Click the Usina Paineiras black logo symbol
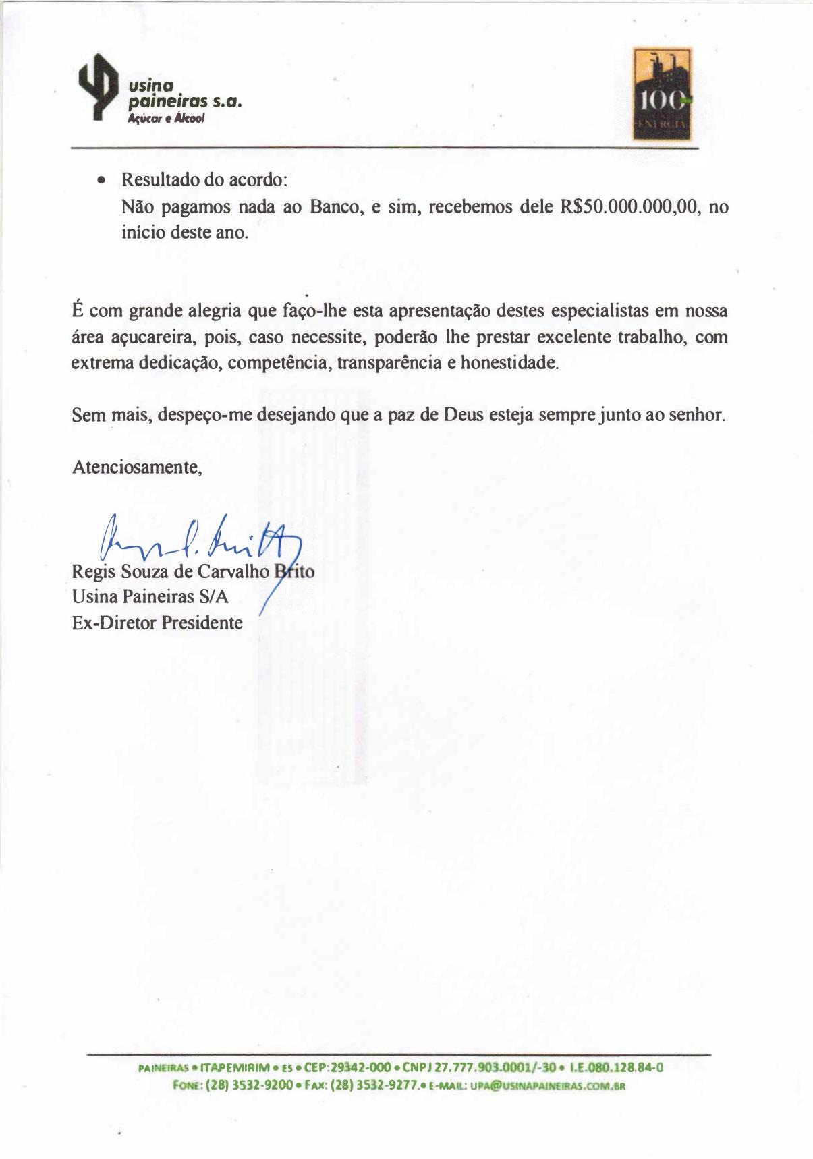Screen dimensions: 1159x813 [x=98, y=87]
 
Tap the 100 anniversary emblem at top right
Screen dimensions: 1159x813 [x=661, y=94]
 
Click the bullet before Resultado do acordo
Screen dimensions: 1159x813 [x=101, y=181]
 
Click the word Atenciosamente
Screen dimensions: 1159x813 [x=137, y=467]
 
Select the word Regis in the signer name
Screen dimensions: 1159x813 [x=93, y=572]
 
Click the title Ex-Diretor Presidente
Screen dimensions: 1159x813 [x=157, y=623]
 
